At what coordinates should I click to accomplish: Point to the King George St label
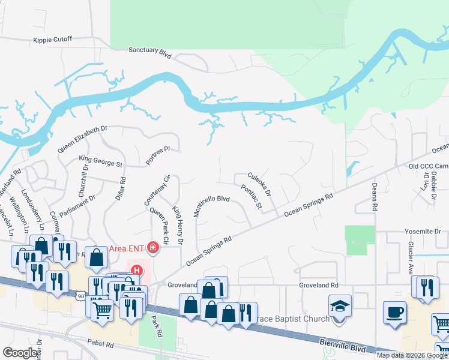[101, 161]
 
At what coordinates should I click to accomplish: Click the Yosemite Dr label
[423, 231]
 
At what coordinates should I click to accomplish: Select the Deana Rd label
[374, 197]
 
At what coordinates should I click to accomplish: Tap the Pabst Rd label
[101, 345]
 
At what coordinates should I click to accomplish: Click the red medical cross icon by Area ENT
[153, 247]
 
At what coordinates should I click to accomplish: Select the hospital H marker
[136, 271]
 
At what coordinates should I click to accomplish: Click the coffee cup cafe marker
[395, 312]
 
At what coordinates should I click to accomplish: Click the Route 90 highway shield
[81, 296]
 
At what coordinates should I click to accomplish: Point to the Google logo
[20, 353]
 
